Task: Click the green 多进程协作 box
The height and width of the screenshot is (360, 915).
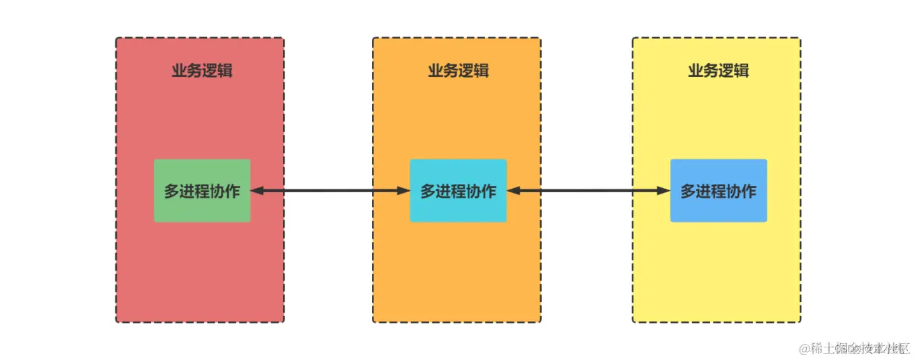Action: point(202,191)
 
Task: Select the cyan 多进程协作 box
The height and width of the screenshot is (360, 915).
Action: point(458,191)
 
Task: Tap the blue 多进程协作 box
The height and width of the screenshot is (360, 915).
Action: point(719,191)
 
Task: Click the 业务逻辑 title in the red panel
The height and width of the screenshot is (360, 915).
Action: point(202,71)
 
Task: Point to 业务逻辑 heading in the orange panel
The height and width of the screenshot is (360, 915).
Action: point(458,71)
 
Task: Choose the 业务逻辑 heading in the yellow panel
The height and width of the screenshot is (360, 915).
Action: point(719,71)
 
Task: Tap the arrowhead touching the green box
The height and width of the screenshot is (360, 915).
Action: point(256,191)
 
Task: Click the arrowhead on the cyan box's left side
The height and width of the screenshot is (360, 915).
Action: point(404,191)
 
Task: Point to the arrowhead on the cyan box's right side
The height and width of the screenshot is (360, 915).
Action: point(512,191)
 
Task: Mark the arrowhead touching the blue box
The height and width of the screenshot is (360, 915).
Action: point(665,191)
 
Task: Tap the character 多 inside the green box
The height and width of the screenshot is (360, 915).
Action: point(172,191)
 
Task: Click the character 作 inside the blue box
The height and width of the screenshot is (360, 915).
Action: point(749,191)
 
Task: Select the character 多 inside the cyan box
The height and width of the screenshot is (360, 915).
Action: point(428,191)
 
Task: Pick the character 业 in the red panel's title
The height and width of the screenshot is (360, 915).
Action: point(179,71)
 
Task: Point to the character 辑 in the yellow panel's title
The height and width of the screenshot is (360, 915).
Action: point(742,71)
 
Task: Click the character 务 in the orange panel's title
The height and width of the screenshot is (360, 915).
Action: point(450,71)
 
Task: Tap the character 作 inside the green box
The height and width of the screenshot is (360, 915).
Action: point(232,191)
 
